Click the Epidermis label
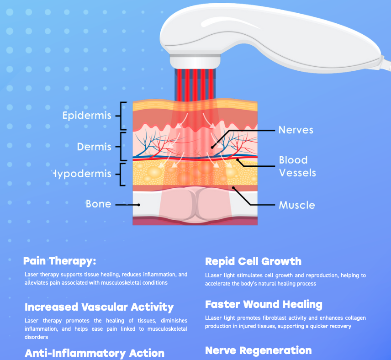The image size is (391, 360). [87, 116]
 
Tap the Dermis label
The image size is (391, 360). [94, 147]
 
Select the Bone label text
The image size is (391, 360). [99, 204]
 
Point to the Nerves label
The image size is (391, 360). [296, 130]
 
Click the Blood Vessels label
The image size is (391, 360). [297, 166]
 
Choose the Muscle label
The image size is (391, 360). [297, 205]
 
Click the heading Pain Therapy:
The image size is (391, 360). [59, 261]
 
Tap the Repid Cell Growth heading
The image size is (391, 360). [254, 261]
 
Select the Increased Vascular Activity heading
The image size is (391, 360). [99, 307]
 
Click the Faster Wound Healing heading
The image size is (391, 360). [264, 305]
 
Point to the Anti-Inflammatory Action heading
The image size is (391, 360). [95, 353]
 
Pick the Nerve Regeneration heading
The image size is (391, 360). [259, 350]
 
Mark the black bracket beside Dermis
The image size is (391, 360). [121, 147]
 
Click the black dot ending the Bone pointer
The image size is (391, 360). [139, 205]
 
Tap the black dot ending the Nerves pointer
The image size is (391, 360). [212, 148]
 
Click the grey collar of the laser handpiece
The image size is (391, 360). [195, 61]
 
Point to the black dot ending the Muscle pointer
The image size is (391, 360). [233, 188]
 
